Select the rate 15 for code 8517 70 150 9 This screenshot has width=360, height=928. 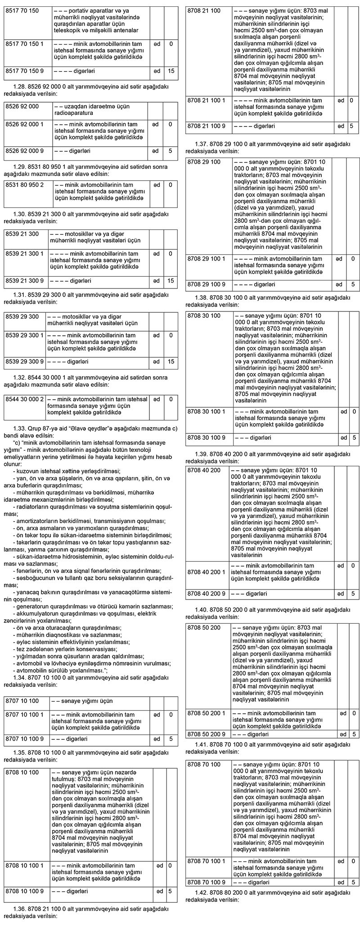click(x=171, y=71)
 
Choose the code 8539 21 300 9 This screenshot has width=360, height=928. click(x=25, y=281)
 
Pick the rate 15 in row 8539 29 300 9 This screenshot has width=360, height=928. click(x=171, y=361)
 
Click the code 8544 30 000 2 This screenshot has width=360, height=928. click(x=25, y=399)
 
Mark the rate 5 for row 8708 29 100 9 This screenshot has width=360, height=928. click(x=352, y=284)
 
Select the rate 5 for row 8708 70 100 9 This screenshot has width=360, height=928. click(x=352, y=882)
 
